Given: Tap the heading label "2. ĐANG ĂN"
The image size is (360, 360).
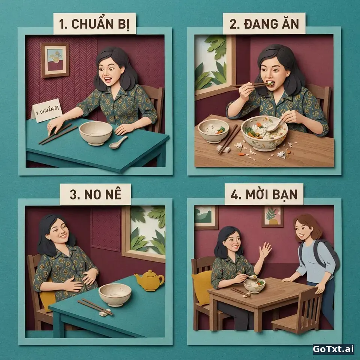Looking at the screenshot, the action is [264, 23].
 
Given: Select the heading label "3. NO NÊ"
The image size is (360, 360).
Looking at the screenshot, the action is [95, 194].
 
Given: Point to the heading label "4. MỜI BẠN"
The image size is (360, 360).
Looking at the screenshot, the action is [264, 194].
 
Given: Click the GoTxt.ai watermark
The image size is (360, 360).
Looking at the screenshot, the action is [333, 349].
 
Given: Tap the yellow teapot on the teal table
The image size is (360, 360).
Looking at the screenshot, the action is [150, 280].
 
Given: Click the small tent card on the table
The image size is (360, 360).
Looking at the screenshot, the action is [47, 110].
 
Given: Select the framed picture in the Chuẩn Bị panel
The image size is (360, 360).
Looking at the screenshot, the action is [55, 60].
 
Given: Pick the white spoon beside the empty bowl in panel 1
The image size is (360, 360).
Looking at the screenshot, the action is [118, 142].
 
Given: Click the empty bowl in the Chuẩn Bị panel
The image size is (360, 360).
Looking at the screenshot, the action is [96, 133].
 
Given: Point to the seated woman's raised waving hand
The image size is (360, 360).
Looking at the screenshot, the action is [265, 250].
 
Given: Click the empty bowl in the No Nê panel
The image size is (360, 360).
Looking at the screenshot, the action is [115, 295].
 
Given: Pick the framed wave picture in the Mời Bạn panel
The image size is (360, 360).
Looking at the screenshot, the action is [206, 217].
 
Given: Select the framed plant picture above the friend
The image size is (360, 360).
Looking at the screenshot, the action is [273, 216].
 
